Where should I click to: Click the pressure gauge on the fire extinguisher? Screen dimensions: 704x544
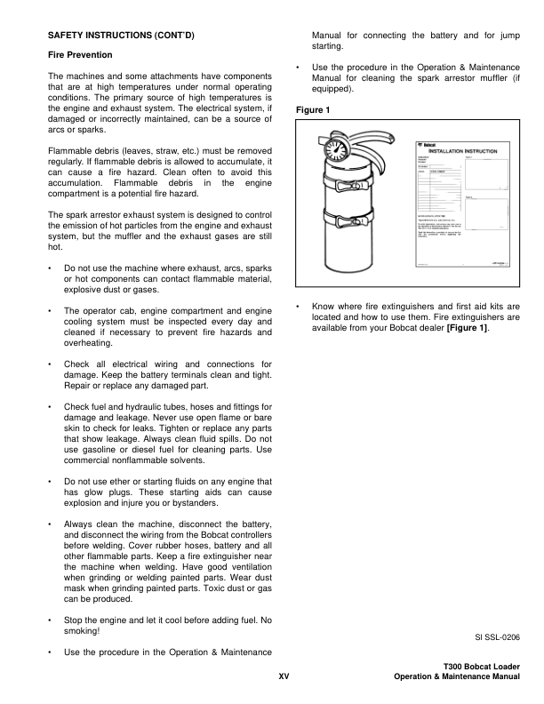[x=335, y=150]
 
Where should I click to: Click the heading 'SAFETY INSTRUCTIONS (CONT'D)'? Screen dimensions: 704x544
[x=120, y=36]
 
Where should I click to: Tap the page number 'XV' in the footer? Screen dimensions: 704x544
[x=284, y=677]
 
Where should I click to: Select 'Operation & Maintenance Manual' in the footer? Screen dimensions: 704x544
[x=456, y=677]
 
